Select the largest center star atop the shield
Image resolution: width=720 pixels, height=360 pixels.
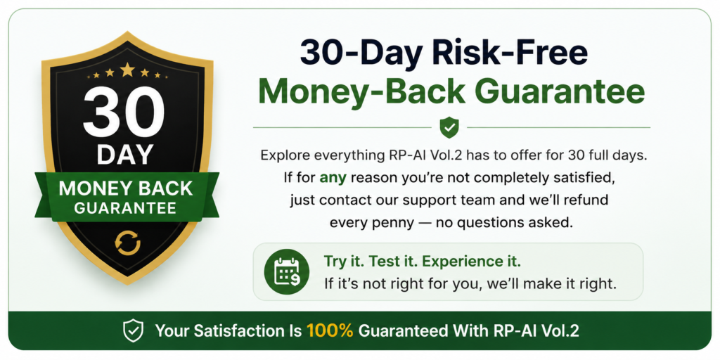[127, 70]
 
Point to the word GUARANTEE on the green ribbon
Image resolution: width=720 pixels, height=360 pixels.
[125, 208]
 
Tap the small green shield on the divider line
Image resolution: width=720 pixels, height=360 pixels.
[449, 127]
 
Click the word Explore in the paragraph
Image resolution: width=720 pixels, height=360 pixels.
[285, 155]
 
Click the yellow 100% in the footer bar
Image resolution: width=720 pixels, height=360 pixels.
[329, 330]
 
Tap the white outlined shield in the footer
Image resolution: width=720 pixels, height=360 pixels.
[133, 330]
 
